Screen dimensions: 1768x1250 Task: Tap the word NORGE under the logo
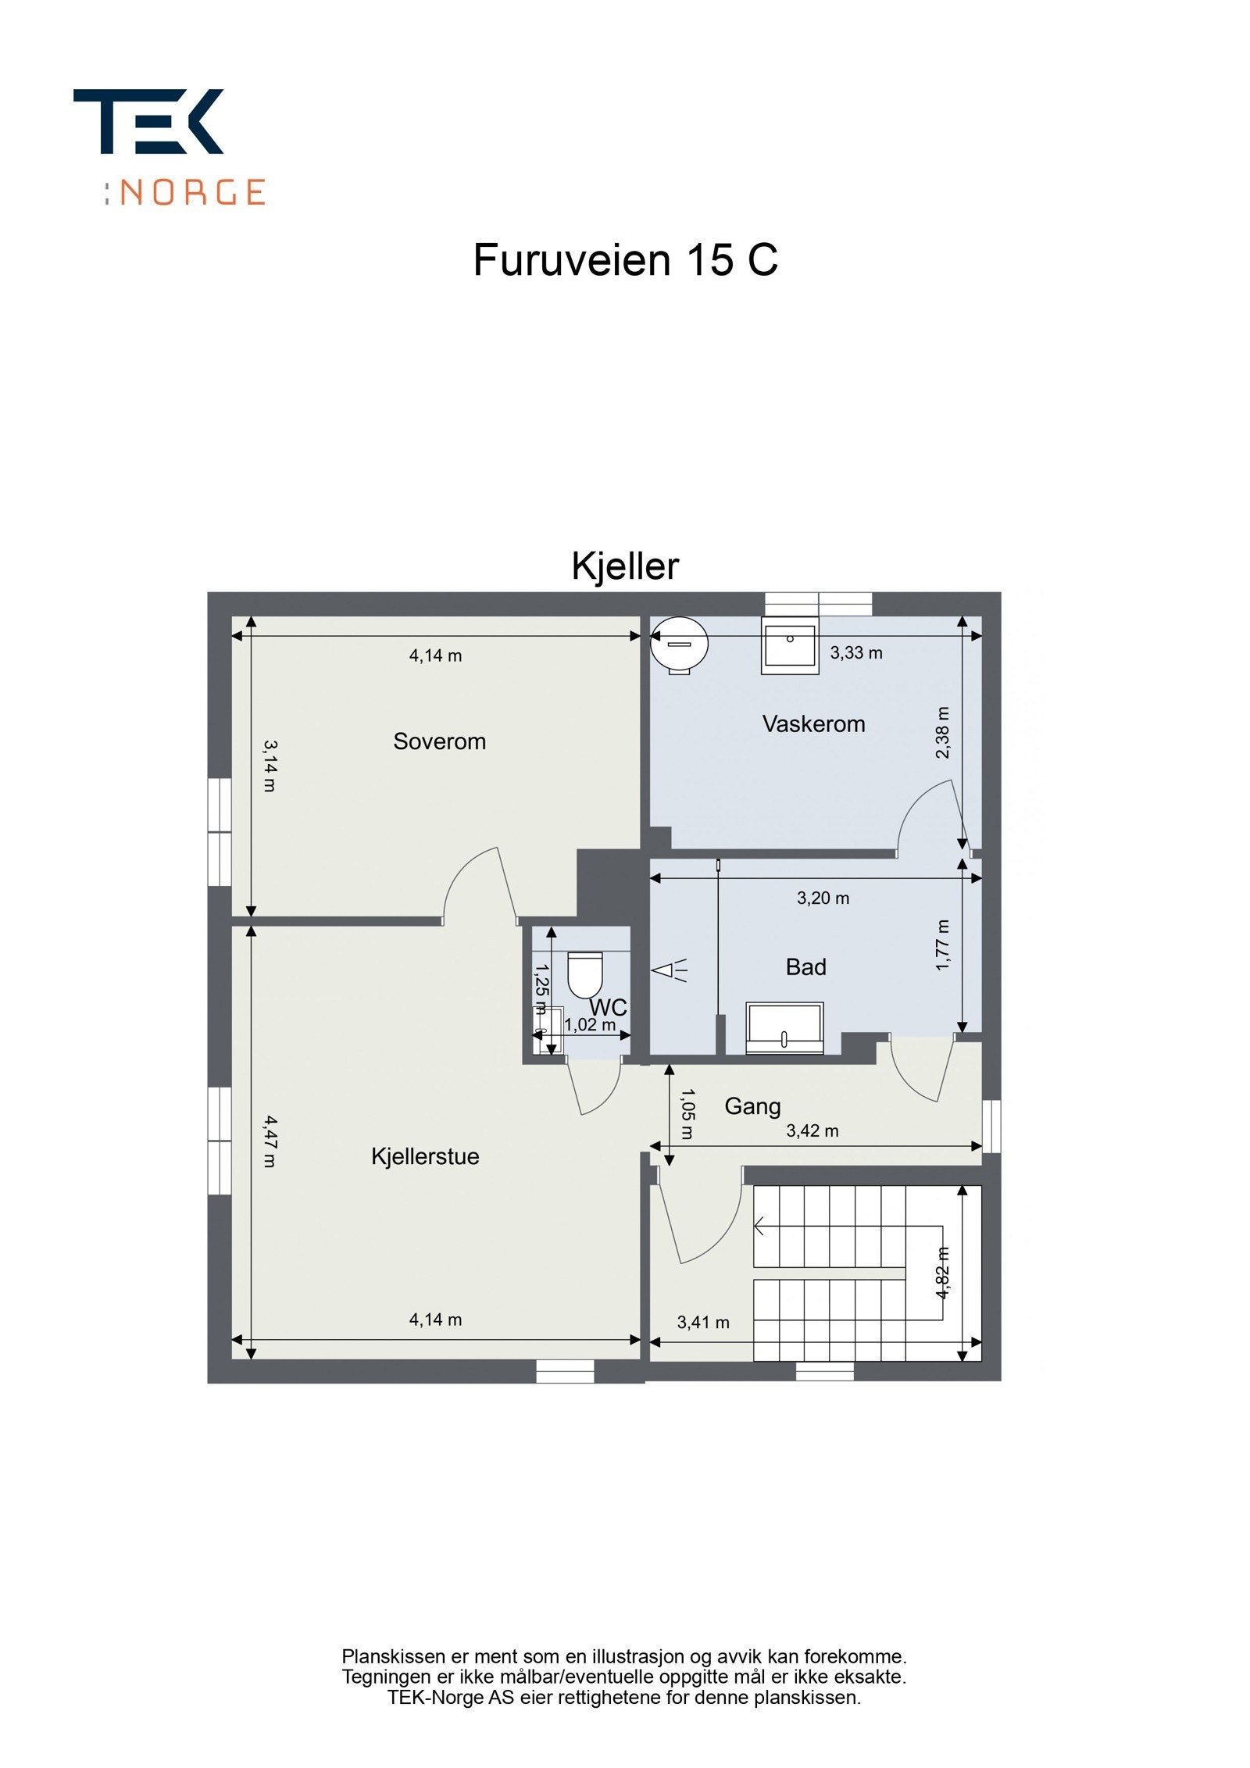(192, 192)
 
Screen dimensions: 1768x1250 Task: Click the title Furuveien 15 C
(625, 259)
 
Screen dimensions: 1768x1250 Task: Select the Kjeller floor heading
(625, 566)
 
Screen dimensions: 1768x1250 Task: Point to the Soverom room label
(439, 741)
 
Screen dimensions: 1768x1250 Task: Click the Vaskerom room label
(813, 723)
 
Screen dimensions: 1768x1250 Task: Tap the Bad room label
(805, 967)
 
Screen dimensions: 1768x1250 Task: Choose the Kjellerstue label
(425, 1156)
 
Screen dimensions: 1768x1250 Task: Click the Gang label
(752, 1105)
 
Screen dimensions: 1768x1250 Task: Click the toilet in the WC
(585, 974)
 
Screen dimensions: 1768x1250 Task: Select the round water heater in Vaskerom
(679, 644)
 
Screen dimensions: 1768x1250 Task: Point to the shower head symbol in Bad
(669, 970)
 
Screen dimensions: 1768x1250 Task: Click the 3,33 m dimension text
(856, 652)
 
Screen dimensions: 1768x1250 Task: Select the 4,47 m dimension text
(270, 1141)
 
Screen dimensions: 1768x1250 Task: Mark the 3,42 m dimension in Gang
(812, 1130)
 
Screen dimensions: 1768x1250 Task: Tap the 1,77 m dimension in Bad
(943, 945)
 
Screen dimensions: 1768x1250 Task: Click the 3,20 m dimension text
(823, 898)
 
